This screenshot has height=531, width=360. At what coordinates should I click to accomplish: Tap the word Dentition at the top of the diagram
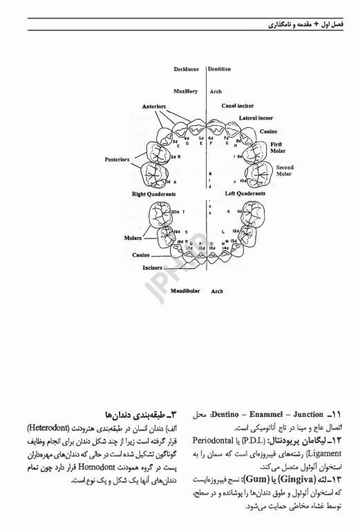tap(220, 70)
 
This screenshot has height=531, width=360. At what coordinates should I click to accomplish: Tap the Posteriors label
tap(117, 159)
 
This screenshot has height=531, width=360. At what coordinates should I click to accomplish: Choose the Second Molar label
tap(285, 171)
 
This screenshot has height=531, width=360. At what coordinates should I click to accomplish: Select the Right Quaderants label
tap(153, 195)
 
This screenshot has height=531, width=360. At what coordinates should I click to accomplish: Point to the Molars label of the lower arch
tap(133, 237)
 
